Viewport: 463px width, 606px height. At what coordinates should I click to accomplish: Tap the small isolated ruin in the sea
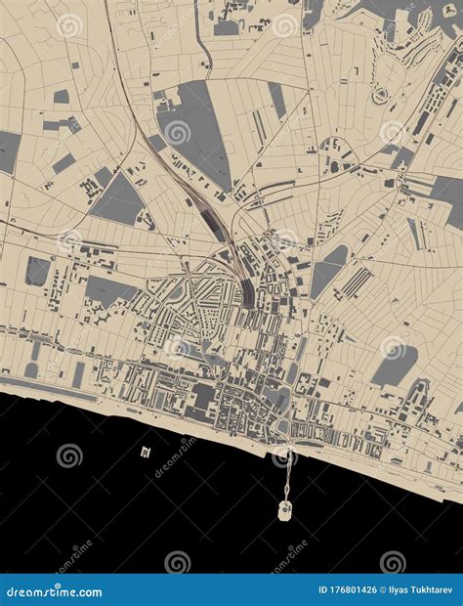[x=146, y=452]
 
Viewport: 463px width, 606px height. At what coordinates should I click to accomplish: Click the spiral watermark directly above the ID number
[x=392, y=562]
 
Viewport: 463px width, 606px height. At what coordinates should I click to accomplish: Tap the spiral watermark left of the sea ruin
[x=69, y=455]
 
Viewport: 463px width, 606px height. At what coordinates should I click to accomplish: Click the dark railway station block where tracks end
[x=249, y=290]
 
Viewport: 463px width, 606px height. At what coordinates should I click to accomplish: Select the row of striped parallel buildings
[x=356, y=283]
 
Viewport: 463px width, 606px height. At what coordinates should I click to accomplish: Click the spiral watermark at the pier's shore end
[x=284, y=455]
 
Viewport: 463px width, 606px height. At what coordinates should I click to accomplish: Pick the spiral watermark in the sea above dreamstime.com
[x=177, y=562]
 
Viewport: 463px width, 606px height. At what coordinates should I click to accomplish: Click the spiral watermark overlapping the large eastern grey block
[x=393, y=348]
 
